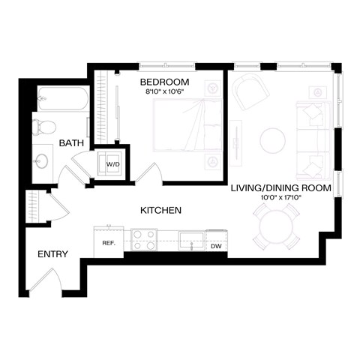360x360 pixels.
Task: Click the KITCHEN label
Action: [160, 211]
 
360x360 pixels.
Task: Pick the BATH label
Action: [71, 142]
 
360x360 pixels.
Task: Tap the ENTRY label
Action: [52, 254]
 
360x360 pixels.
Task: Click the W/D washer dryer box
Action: [112, 164]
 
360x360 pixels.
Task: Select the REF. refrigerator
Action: [108, 242]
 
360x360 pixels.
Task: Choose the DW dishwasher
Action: [216, 244]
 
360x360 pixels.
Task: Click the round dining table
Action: [274, 229]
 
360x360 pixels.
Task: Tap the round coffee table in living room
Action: [272, 139]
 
